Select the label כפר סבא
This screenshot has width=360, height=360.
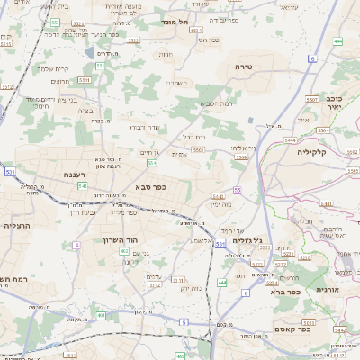(x=150, y=186)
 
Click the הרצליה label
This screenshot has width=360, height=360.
(x=17, y=226)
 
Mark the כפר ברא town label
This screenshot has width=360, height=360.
(x=283, y=292)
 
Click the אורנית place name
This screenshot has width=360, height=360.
(x=326, y=290)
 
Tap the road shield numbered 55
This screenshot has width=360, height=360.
(x=238, y=190)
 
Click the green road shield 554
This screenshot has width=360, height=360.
(x=153, y=163)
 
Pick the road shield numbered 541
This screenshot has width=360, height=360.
(x=82, y=186)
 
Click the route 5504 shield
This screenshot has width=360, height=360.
(x=240, y=157)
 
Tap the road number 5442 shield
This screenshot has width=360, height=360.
(x=339, y=331)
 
